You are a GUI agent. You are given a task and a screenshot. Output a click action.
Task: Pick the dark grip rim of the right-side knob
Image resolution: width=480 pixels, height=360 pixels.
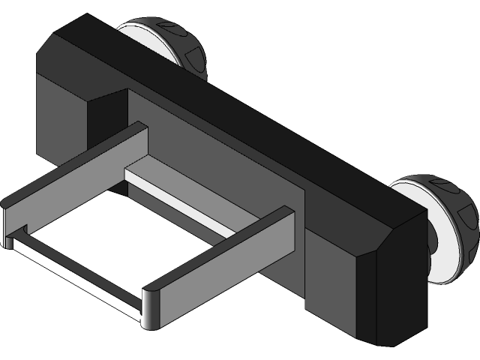coord(450,195)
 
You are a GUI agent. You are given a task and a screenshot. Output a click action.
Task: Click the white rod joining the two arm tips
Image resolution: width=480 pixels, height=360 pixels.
coord(75,274)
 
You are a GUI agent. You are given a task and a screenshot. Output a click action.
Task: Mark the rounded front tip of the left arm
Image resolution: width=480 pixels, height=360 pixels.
coord(6,217)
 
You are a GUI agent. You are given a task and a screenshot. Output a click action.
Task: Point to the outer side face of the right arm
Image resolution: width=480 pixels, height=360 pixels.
coord(225,277)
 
